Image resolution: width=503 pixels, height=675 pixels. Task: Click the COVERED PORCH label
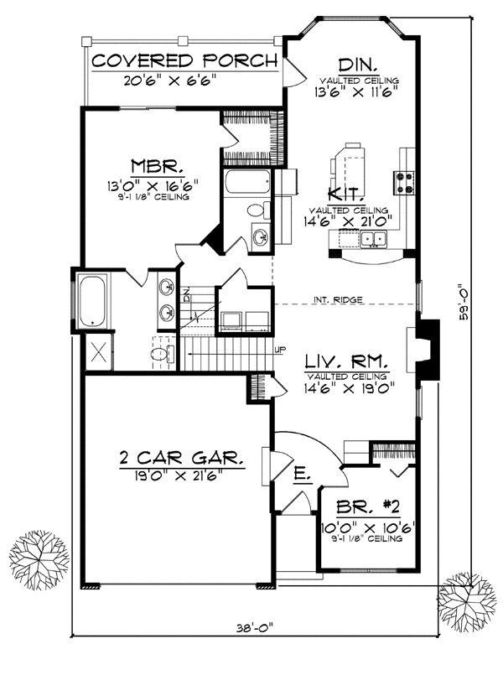point(184,61)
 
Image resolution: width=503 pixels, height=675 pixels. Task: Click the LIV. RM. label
point(346,362)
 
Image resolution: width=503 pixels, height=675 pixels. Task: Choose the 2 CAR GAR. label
point(181,459)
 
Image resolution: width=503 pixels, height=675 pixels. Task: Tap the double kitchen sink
point(374,241)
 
